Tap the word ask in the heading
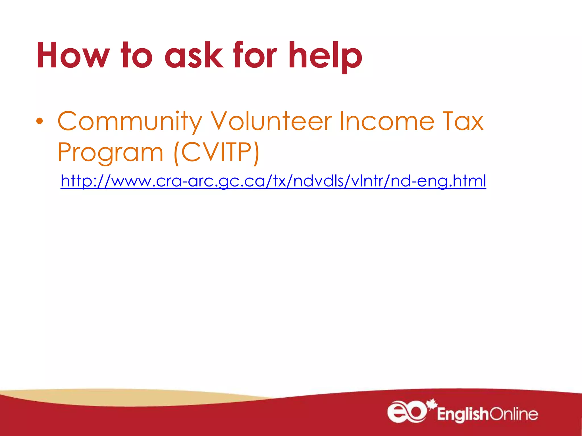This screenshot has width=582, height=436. click(194, 55)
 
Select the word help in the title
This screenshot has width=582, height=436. click(325, 55)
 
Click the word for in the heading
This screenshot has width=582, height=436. click(255, 55)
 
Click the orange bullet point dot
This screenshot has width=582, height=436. click(40, 121)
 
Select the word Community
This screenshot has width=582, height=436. click(130, 121)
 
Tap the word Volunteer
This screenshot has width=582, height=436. click(271, 121)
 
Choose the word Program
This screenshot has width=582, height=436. click(110, 152)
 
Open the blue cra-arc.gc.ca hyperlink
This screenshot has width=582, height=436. click(273, 181)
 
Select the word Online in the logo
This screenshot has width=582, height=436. click(514, 414)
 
